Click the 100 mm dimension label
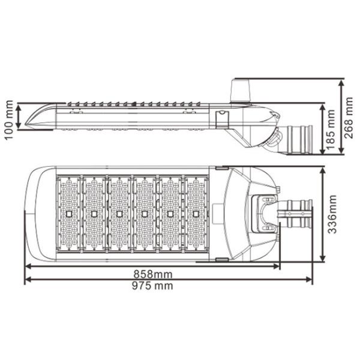8,119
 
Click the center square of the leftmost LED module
69,214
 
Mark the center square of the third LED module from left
119,214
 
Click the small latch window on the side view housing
221,115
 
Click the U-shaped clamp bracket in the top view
264,213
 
